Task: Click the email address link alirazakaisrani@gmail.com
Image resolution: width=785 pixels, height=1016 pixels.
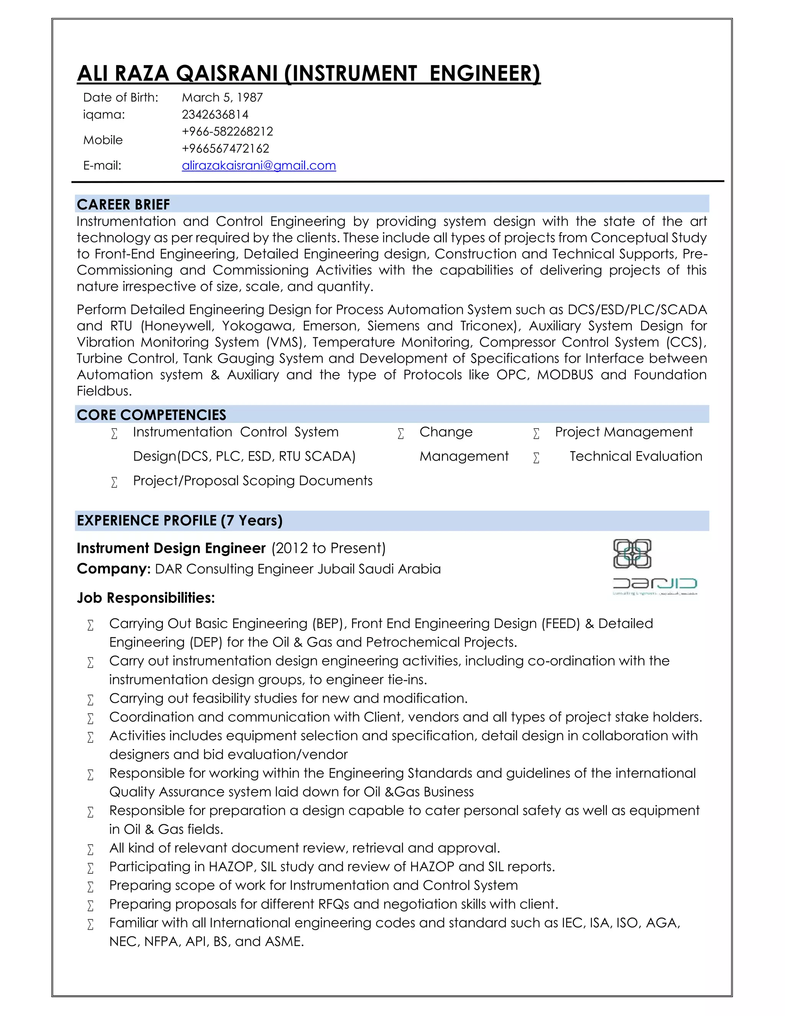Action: tap(259, 166)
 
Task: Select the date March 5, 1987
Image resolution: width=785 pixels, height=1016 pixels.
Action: tap(222, 98)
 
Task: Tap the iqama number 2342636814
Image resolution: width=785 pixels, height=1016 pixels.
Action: tap(215, 114)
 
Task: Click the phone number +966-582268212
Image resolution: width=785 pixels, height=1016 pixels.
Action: tap(227, 132)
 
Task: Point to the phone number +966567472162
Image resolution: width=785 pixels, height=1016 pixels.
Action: tap(225, 148)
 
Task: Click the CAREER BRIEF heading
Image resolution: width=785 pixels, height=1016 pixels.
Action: tap(123, 204)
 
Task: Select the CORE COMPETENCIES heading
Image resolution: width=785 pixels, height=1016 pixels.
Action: tap(151, 414)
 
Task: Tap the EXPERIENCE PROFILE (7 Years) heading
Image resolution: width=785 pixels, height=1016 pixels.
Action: tap(179, 521)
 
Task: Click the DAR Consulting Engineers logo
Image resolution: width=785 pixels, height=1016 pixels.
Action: tap(654, 567)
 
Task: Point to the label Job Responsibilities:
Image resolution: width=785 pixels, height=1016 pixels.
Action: tap(146, 598)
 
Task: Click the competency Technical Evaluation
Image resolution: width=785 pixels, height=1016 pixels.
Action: tap(636, 456)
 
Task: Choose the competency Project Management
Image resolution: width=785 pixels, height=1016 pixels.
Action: tap(624, 432)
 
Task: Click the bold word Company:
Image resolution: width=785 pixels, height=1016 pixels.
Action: tap(113, 569)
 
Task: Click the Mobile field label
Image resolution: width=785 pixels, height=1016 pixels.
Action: tap(103, 140)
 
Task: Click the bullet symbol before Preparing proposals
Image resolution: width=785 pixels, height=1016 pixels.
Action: tap(90, 905)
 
